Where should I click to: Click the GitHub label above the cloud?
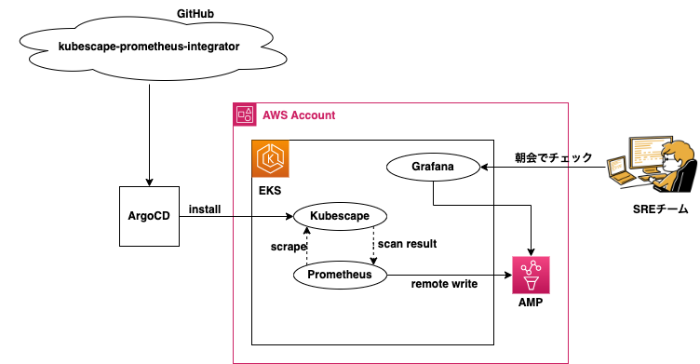coord(195,14)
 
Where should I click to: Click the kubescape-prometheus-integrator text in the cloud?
coord(149,47)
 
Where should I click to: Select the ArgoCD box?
coord(149,216)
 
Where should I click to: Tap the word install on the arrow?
coord(205,209)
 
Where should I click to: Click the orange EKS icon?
coord(271,159)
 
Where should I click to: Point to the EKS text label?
coord(270,191)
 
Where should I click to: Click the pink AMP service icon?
coord(531,276)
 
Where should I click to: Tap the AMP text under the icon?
coord(531,303)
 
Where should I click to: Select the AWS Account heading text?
coord(299,115)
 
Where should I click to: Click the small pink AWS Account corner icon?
coord(245,115)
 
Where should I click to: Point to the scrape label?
coord(289,247)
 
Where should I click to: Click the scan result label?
coord(407,244)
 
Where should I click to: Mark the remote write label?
coord(444,284)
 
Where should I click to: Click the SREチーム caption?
coord(661,209)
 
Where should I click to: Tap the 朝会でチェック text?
coord(554,157)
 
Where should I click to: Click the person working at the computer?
coord(653,165)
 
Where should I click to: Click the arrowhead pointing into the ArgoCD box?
coord(149,182)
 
